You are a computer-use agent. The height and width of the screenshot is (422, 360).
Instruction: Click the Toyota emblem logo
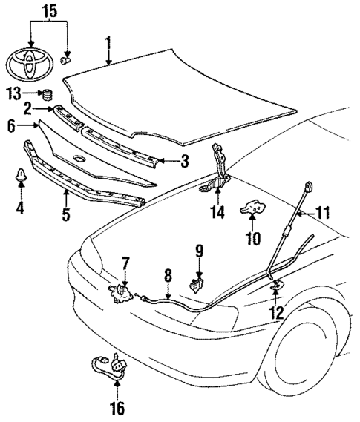(x=30, y=62)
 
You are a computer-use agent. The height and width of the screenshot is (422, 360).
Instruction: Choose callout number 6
(x=11, y=127)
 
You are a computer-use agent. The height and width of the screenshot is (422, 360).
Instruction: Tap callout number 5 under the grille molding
(x=65, y=216)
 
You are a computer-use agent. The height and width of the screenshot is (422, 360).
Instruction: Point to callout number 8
(x=168, y=274)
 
